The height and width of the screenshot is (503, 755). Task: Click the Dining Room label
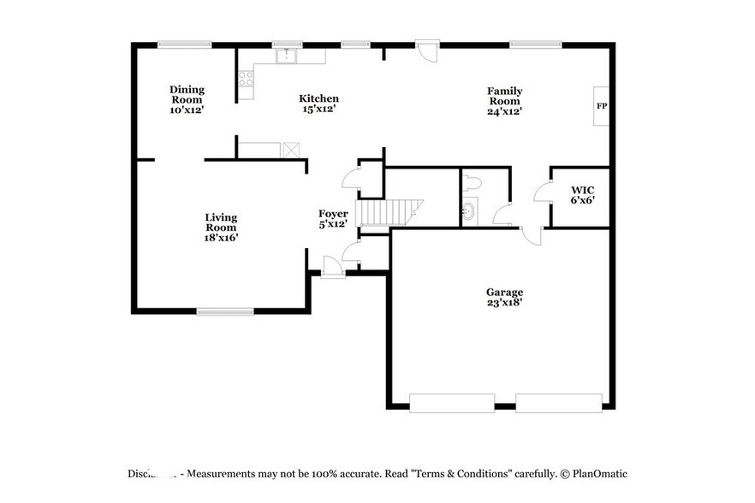click(x=187, y=94)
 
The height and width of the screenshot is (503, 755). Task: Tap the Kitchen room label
click(x=318, y=98)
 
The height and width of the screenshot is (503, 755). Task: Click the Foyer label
click(x=333, y=214)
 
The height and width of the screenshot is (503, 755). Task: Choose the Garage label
click(x=503, y=292)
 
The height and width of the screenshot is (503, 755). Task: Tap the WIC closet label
click(x=583, y=189)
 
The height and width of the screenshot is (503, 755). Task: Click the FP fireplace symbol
click(x=601, y=106)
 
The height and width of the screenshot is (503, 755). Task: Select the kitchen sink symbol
click(x=286, y=56)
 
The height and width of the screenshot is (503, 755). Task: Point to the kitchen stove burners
click(x=247, y=80)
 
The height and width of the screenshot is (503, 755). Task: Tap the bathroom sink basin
click(x=469, y=210)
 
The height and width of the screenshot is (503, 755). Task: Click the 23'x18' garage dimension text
click(x=503, y=302)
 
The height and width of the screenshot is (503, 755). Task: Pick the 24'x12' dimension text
click(x=505, y=110)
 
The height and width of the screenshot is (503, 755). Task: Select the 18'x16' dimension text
click(x=221, y=238)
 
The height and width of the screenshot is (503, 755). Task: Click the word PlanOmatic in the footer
click(x=600, y=473)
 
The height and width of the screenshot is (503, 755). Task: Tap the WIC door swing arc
click(x=541, y=193)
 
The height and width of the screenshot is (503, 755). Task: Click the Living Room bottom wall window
click(x=224, y=311)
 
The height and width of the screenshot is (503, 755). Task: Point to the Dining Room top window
click(x=185, y=44)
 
